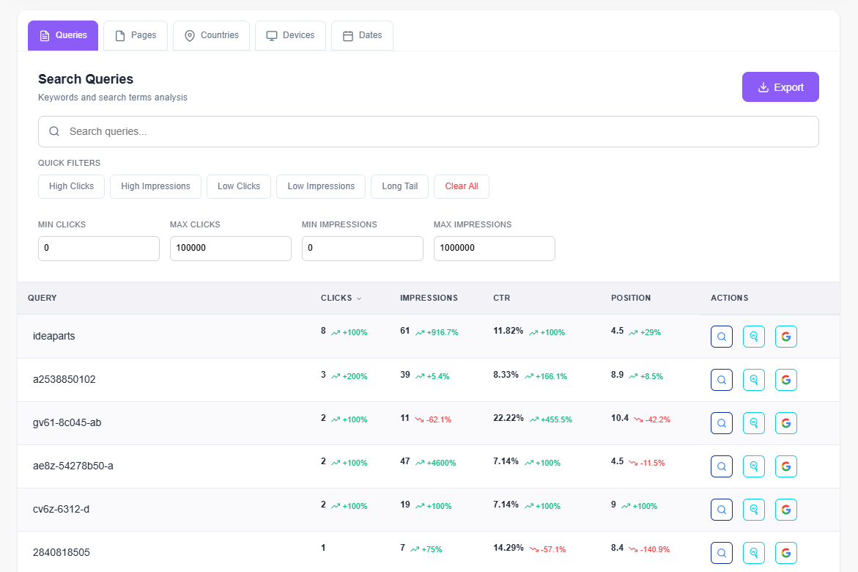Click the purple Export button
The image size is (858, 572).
pyautogui.click(x=780, y=87)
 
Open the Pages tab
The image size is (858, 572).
pyautogui.click(x=136, y=35)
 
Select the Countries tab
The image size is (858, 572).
pyautogui.click(x=211, y=35)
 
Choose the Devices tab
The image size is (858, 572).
pyautogui.click(x=290, y=35)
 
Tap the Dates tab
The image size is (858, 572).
pyautogui.click(x=362, y=35)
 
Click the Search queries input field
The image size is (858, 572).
pyautogui.click(x=428, y=132)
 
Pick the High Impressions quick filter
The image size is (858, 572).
pyautogui.click(x=155, y=186)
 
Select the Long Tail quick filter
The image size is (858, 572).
pyautogui.click(x=399, y=186)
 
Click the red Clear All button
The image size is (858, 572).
pyautogui.click(x=461, y=186)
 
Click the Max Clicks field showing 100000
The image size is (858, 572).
pyautogui.click(x=230, y=249)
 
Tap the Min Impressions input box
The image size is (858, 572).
pyautogui.click(x=362, y=249)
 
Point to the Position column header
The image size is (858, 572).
pyautogui.click(x=630, y=298)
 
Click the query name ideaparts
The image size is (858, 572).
pyautogui.click(x=53, y=336)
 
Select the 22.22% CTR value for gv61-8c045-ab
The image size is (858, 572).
pyautogui.click(x=508, y=418)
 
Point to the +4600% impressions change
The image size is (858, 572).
pyautogui.click(x=441, y=463)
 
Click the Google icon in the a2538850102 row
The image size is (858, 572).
pyautogui.click(x=785, y=380)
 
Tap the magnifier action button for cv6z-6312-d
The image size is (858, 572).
pyautogui.click(x=721, y=510)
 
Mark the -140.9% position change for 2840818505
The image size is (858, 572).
pyautogui.click(x=654, y=549)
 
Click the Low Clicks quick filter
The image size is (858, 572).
pyautogui.click(x=239, y=186)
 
